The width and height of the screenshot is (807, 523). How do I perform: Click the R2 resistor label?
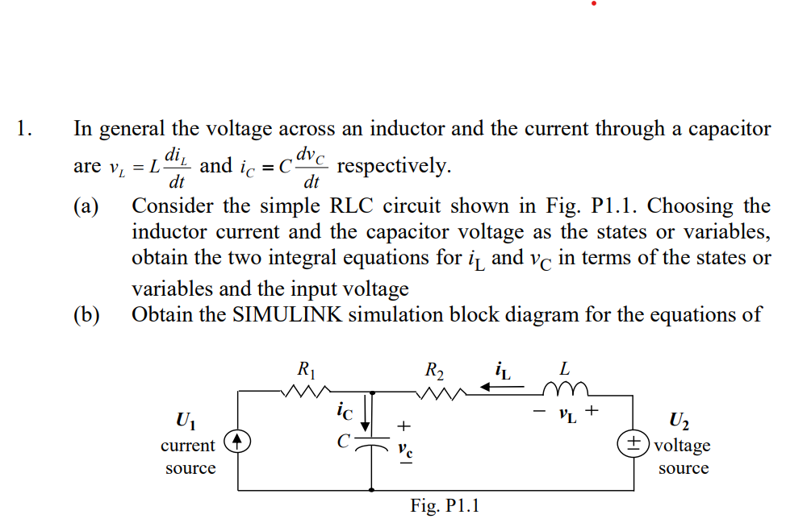pos(434,371)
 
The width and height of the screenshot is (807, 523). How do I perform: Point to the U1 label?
pos(185,421)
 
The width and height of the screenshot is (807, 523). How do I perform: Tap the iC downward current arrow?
pos(371,413)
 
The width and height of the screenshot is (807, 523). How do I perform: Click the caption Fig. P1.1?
pos(445,506)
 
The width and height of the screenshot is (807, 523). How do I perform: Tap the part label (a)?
pos(86,206)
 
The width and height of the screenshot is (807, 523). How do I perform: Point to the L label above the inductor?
pos(565,369)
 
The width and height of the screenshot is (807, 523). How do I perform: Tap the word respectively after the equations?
pos(394,166)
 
